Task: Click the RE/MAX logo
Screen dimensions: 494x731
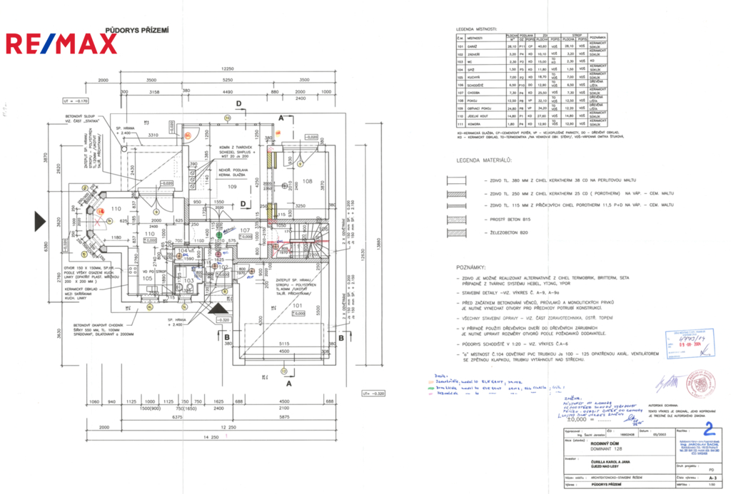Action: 61,44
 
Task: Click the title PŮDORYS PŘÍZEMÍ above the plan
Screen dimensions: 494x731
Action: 138,30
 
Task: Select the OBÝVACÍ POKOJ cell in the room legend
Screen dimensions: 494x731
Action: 478,108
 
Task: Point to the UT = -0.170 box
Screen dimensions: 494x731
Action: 76,101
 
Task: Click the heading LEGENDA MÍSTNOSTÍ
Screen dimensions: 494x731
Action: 480,29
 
